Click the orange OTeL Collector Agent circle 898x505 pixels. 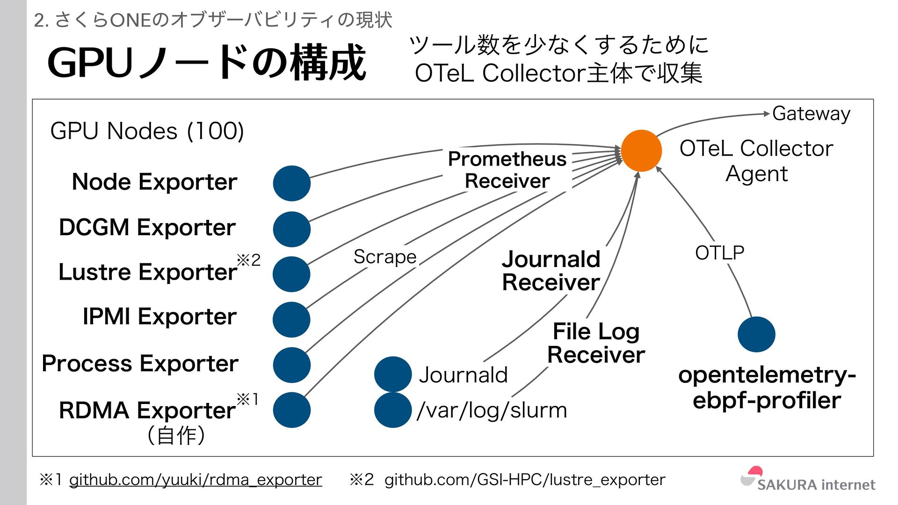pyautogui.click(x=641, y=151)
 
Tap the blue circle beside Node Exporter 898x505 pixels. pyautogui.click(x=291, y=183)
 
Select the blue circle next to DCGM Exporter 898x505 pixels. pyautogui.click(x=291, y=229)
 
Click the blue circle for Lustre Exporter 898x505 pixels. pyautogui.click(x=291, y=274)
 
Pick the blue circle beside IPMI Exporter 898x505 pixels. pyautogui.click(x=291, y=319)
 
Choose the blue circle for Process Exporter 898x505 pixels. pyautogui.click(x=291, y=365)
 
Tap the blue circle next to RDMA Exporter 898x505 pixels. pyautogui.click(x=291, y=410)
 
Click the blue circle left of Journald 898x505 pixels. pyautogui.click(x=393, y=374)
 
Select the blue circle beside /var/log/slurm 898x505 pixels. pyautogui.click(x=393, y=410)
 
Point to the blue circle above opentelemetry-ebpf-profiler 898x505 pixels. pyautogui.click(x=756, y=334)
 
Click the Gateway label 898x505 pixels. pyautogui.click(x=811, y=114)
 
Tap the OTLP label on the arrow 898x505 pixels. pyautogui.click(x=719, y=253)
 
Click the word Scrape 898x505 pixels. pyautogui.click(x=385, y=257)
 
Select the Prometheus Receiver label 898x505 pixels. pyautogui.click(x=507, y=170)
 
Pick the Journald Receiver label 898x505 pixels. pyautogui.click(x=551, y=271)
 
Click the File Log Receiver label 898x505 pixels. pyautogui.click(x=596, y=343)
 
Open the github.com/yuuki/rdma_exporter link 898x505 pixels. pyautogui.click(x=196, y=480)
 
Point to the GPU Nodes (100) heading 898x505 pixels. pyautogui.click(x=147, y=131)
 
